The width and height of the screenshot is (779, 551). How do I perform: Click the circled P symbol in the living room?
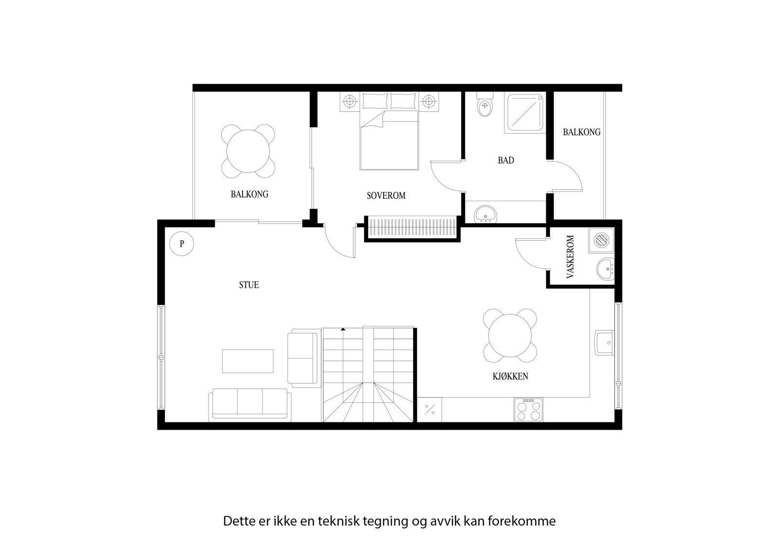(x=182, y=244)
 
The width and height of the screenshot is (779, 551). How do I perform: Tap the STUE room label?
(x=249, y=285)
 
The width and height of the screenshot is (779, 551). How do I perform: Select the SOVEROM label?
(x=386, y=196)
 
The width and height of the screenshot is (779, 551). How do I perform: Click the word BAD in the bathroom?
(x=506, y=160)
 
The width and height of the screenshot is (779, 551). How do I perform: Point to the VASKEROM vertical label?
(x=571, y=257)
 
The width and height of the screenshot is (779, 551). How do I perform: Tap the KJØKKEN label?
(x=510, y=376)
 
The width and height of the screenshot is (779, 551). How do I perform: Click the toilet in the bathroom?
(x=485, y=107)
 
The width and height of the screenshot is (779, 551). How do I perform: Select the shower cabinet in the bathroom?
(x=525, y=113)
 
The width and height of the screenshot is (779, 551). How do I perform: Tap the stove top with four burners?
(x=528, y=409)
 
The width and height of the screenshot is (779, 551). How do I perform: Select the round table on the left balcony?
(x=248, y=151)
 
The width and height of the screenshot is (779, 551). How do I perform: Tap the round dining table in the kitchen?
(x=511, y=336)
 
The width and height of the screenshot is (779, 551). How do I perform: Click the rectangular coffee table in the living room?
(x=247, y=361)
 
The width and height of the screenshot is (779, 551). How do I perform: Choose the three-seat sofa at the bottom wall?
(x=250, y=404)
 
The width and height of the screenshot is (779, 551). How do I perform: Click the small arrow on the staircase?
(x=343, y=330)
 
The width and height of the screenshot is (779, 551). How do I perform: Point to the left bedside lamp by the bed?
(x=350, y=101)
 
